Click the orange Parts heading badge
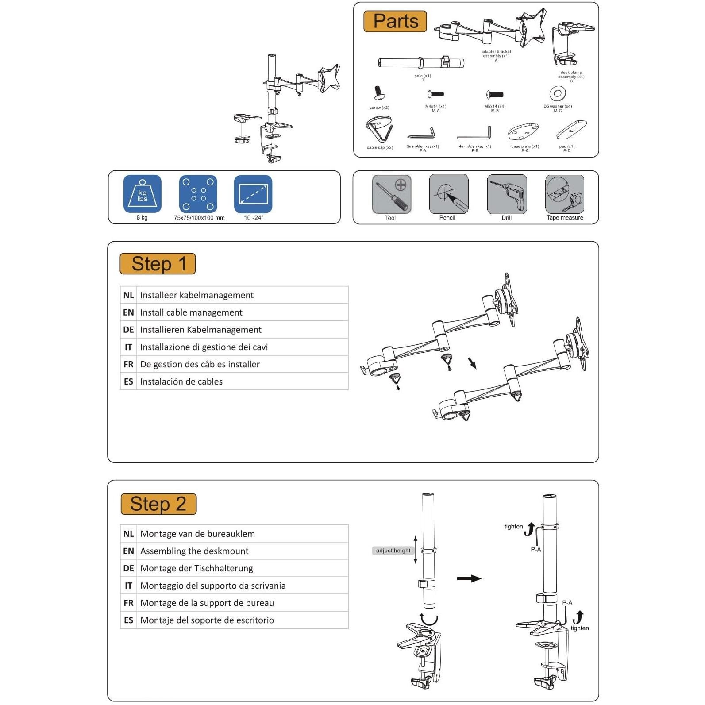pyautogui.click(x=395, y=21)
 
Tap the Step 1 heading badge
pyautogui.click(x=158, y=264)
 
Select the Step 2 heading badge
pyautogui.click(x=158, y=504)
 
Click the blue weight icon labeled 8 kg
pyautogui.click(x=142, y=194)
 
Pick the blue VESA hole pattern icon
pyautogui.click(x=198, y=194)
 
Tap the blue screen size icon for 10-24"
pyautogui.click(x=253, y=194)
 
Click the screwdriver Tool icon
pyautogui.click(x=392, y=194)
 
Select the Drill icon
pyautogui.click(x=507, y=194)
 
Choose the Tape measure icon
pyautogui.click(x=564, y=194)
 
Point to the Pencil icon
pyautogui.click(x=448, y=194)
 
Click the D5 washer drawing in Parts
pyautogui.click(x=558, y=94)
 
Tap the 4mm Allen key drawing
pyautogui.click(x=474, y=133)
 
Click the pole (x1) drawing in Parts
pyautogui.click(x=421, y=62)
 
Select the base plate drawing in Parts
pyautogui.click(x=524, y=132)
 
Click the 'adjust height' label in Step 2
pyautogui.click(x=393, y=551)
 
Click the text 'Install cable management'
pyautogui.click(x=191, y=312)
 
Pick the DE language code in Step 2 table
pyautogui.click(x=128, y=568)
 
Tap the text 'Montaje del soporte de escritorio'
pyautogui.click(x=207, y=620)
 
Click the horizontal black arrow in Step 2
pyautogui.click(x=469, y=578)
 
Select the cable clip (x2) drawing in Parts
pyautogui.click(x=379, y=129)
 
